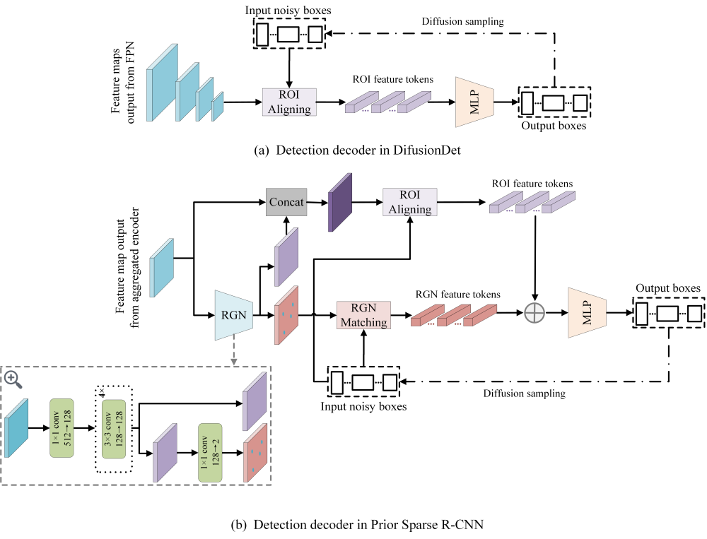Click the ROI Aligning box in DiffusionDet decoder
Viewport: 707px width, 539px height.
click(x=289, y=102)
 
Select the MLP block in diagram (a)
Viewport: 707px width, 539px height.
click(x=473, y=102)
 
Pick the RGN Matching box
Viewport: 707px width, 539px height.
click(x=363, y=314)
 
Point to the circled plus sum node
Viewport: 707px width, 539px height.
click(x=535, y=312)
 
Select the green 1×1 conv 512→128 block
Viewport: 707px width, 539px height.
click(x=61, y=428)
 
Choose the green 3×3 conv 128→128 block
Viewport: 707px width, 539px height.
click(x=114, y=429)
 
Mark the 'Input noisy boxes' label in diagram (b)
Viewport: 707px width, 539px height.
click(x=363, y=407)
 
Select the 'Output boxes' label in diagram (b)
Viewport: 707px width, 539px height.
click(x=667, y=288)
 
